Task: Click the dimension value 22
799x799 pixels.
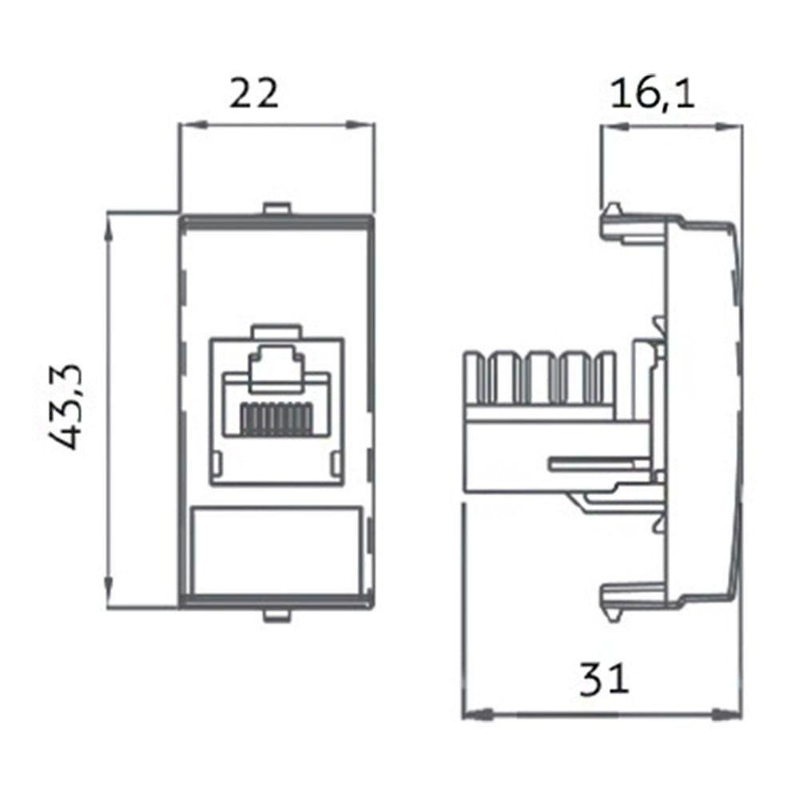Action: (x=255, y=93)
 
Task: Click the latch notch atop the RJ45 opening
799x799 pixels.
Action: (x=275, y=329)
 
